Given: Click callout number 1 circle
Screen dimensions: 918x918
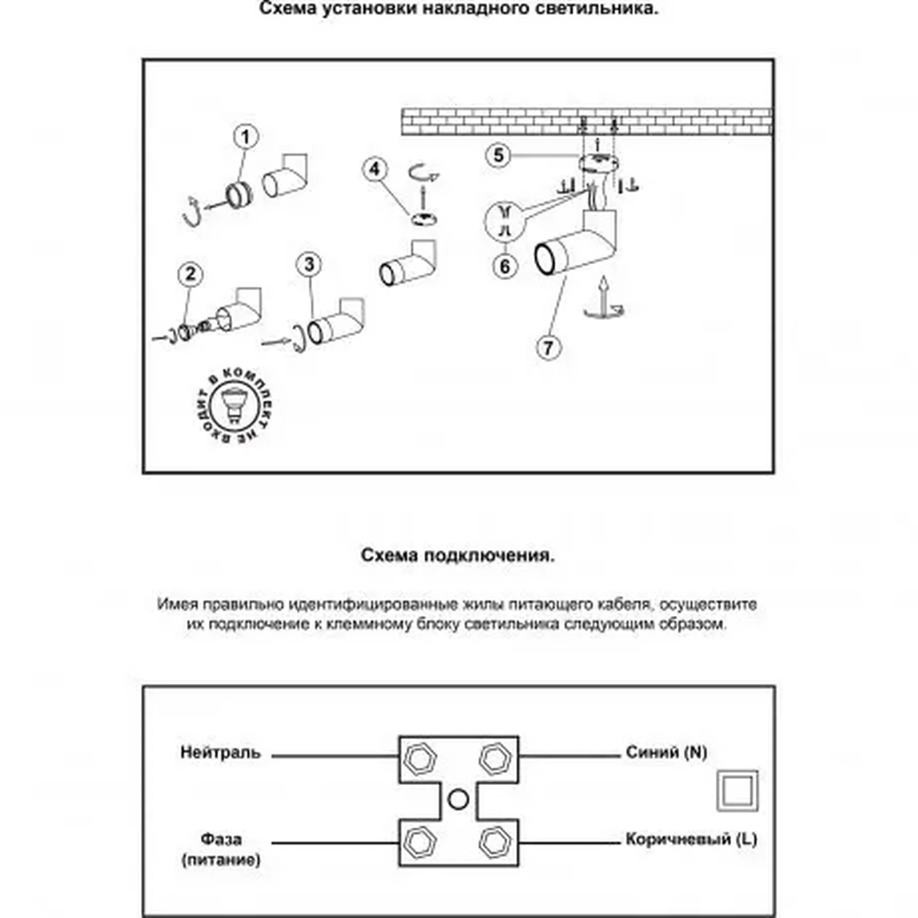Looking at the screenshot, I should pyautogui.click(x=246, y=137).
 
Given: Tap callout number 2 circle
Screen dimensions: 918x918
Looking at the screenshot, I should pyautogui.click(x=190, y=274).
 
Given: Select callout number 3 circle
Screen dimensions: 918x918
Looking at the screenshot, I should pyautogui.click(x=309, y=265).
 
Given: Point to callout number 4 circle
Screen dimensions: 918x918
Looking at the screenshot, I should pyautogui.click(x=375, y=169).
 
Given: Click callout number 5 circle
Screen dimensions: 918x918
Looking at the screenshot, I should pyautogui.click(x=498, y=155).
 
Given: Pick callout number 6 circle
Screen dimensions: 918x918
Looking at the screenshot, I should pyautogui.click(x=505, y=266).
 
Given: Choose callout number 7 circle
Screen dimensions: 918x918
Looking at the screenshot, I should pyautogui.click(x=549, y=348).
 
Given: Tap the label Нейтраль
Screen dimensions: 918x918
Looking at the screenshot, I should pyautogui.click(x=220, y=753).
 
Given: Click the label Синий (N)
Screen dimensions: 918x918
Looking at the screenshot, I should pyautogui.click(x=666, y=753).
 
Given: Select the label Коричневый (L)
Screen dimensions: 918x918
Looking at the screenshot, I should pyautogui.click(x=691, y=840).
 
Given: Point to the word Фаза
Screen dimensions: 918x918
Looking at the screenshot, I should pyautogui.click(x=221, y=840).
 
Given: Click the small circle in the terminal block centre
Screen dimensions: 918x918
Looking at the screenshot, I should pyautogui.click(x=458, y=800).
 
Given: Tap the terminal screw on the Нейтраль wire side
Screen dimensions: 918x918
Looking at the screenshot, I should pyautogui.click(x=420, y=758).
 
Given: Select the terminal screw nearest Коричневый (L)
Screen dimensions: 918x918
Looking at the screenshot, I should pyautogui.click(x=495, y=843).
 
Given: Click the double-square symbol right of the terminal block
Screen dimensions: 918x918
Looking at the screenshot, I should pyautogui.click(x=737, y=790).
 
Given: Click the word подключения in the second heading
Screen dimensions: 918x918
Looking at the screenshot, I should pyautogui.click(x=489, y=556).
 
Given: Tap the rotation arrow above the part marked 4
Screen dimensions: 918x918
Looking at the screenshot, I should pyautogui.click(x=424, y=174).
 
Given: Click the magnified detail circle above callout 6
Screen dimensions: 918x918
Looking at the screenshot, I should pyautogui.click(x=505, y=221).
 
